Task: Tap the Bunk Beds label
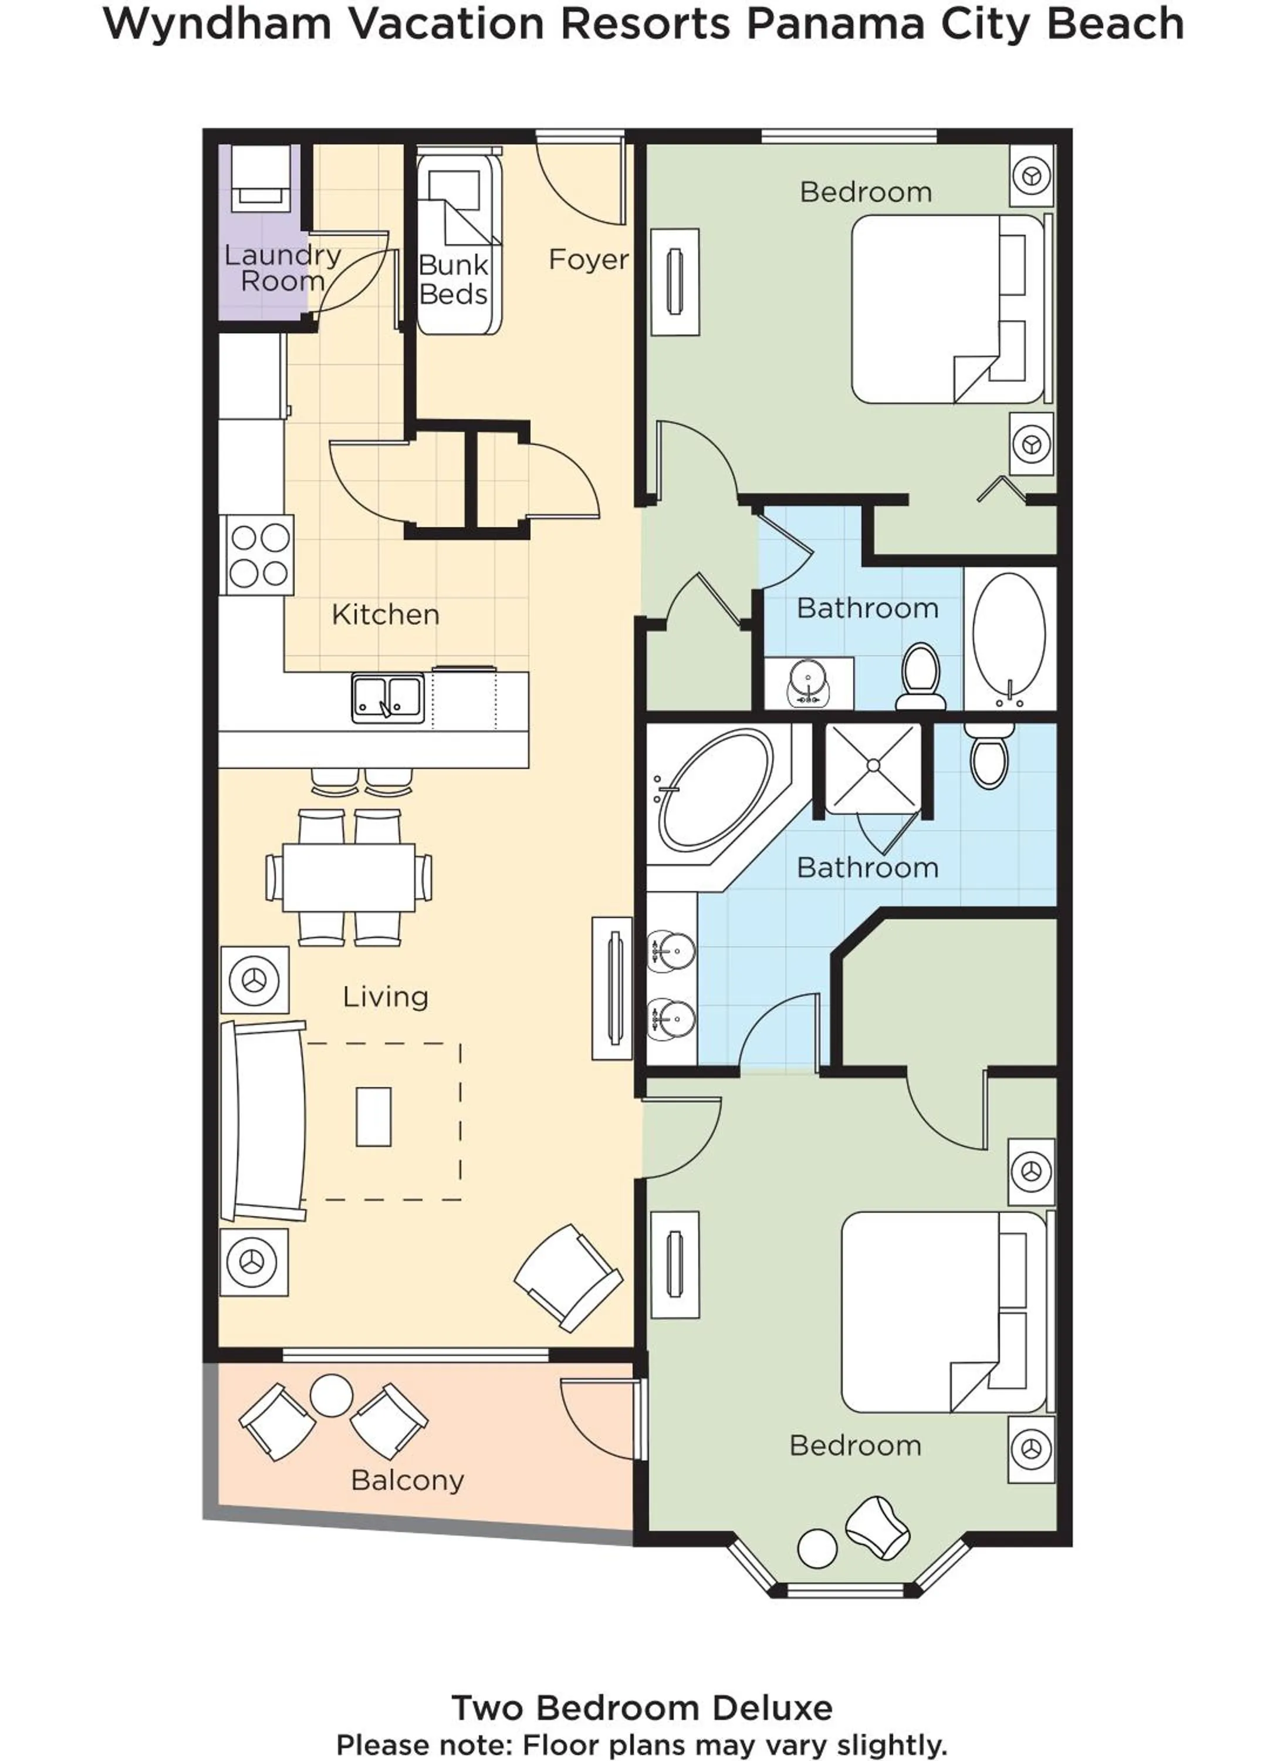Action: (x=453, y=280)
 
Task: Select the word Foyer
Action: (x=589, y=259)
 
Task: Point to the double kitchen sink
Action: (x=388, y=697)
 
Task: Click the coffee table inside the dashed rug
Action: (x=373, y=1116)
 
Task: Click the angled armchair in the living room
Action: (x=568, y=1277)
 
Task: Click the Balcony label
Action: (x=407, y=1480)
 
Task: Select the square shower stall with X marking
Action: (x=873, y=767)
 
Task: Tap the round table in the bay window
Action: (x=817, y=1548)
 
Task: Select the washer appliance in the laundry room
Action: (x=261, y=178)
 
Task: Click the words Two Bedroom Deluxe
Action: (x=642, y=1708)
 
